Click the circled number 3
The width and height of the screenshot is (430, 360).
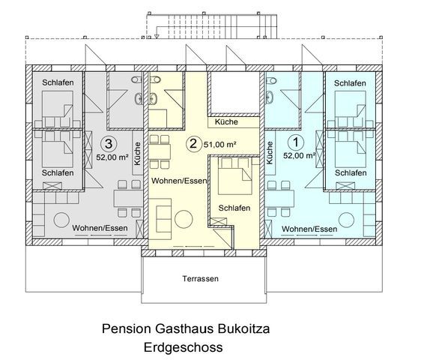pyautogui.click(x=109, y=143)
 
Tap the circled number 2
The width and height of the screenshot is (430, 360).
pyautogui.click(x=193, y=143)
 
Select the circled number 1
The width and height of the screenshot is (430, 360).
pyautogui.click(x=296, y=142)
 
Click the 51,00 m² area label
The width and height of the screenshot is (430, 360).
pyautogui.click(x=220, y=145)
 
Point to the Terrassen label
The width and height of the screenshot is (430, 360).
pyautogui.click(x=201, y=279)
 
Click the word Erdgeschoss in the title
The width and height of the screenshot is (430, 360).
pyautogui.click(x=184, y=347)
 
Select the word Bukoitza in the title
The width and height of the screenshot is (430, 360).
pyautogui.click(x=243, y=328)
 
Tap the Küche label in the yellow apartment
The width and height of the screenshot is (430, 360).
pyautogui.click(x=226, y=121)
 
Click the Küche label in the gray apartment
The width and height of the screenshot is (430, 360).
pyautogui.click(x=137, y=154)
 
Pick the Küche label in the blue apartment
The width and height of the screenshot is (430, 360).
pyautogui.click(x=270, y=153)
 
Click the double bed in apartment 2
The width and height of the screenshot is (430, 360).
pyautogui.click(x=234, y=175)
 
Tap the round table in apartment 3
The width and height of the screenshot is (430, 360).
pyautogui.click(x=61, y=220)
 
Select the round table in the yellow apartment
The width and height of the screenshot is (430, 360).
pyautogui.click(x=184, y=219)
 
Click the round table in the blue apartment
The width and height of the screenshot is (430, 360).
pyautogui.click(x=346, y=220)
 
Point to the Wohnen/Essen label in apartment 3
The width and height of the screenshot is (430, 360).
pyautogui.click(x=100, y=228)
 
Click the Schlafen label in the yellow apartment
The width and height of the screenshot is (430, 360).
pyautogui.click(x=234, y=208)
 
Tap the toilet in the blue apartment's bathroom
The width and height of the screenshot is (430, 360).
pyautogui.click(x=270, y=79)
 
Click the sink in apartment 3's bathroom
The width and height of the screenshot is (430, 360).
pyautogui.click(x=139, y=98)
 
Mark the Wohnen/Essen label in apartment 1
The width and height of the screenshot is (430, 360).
pyautogui.click(x=309, y=229)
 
